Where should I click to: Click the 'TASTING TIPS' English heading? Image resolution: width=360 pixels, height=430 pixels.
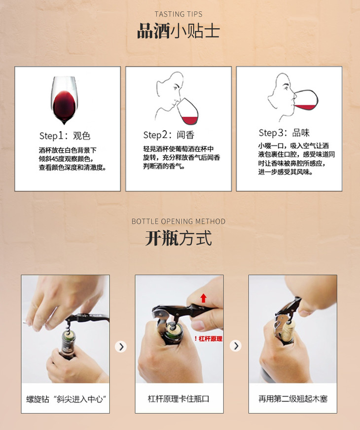click(x=179, y=14)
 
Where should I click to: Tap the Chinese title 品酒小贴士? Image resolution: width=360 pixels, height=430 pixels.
click(x=179, y=31)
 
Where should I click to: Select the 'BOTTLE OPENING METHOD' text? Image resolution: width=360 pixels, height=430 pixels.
click(x=179, y=221)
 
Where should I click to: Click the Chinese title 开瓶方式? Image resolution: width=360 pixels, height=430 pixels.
click(x=179, y=238)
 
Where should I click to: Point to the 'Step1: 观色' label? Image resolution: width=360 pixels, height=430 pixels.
click(x=65, y=136)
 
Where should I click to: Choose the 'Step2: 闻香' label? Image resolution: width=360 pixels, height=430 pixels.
click(x=169, y=135)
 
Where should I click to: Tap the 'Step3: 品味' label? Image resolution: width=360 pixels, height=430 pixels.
click(x=284, y=133)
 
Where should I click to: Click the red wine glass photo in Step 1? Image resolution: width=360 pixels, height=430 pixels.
click(x=64, y=100)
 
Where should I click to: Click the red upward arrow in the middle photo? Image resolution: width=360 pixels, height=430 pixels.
click(x=203, y=298)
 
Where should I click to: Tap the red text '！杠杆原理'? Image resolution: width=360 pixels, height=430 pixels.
click(x=208, y=339)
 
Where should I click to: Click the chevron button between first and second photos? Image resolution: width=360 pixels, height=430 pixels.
click(x=121, y=346)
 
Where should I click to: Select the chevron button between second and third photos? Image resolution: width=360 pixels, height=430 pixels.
click(x=236, y=346)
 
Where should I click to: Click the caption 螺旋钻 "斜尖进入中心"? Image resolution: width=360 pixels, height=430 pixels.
click(x=66, y=399)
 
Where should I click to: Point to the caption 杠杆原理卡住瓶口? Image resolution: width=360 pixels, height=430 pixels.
click(x=179, y=399)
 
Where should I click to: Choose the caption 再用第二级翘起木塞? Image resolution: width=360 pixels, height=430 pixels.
click(x=293, y=399)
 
